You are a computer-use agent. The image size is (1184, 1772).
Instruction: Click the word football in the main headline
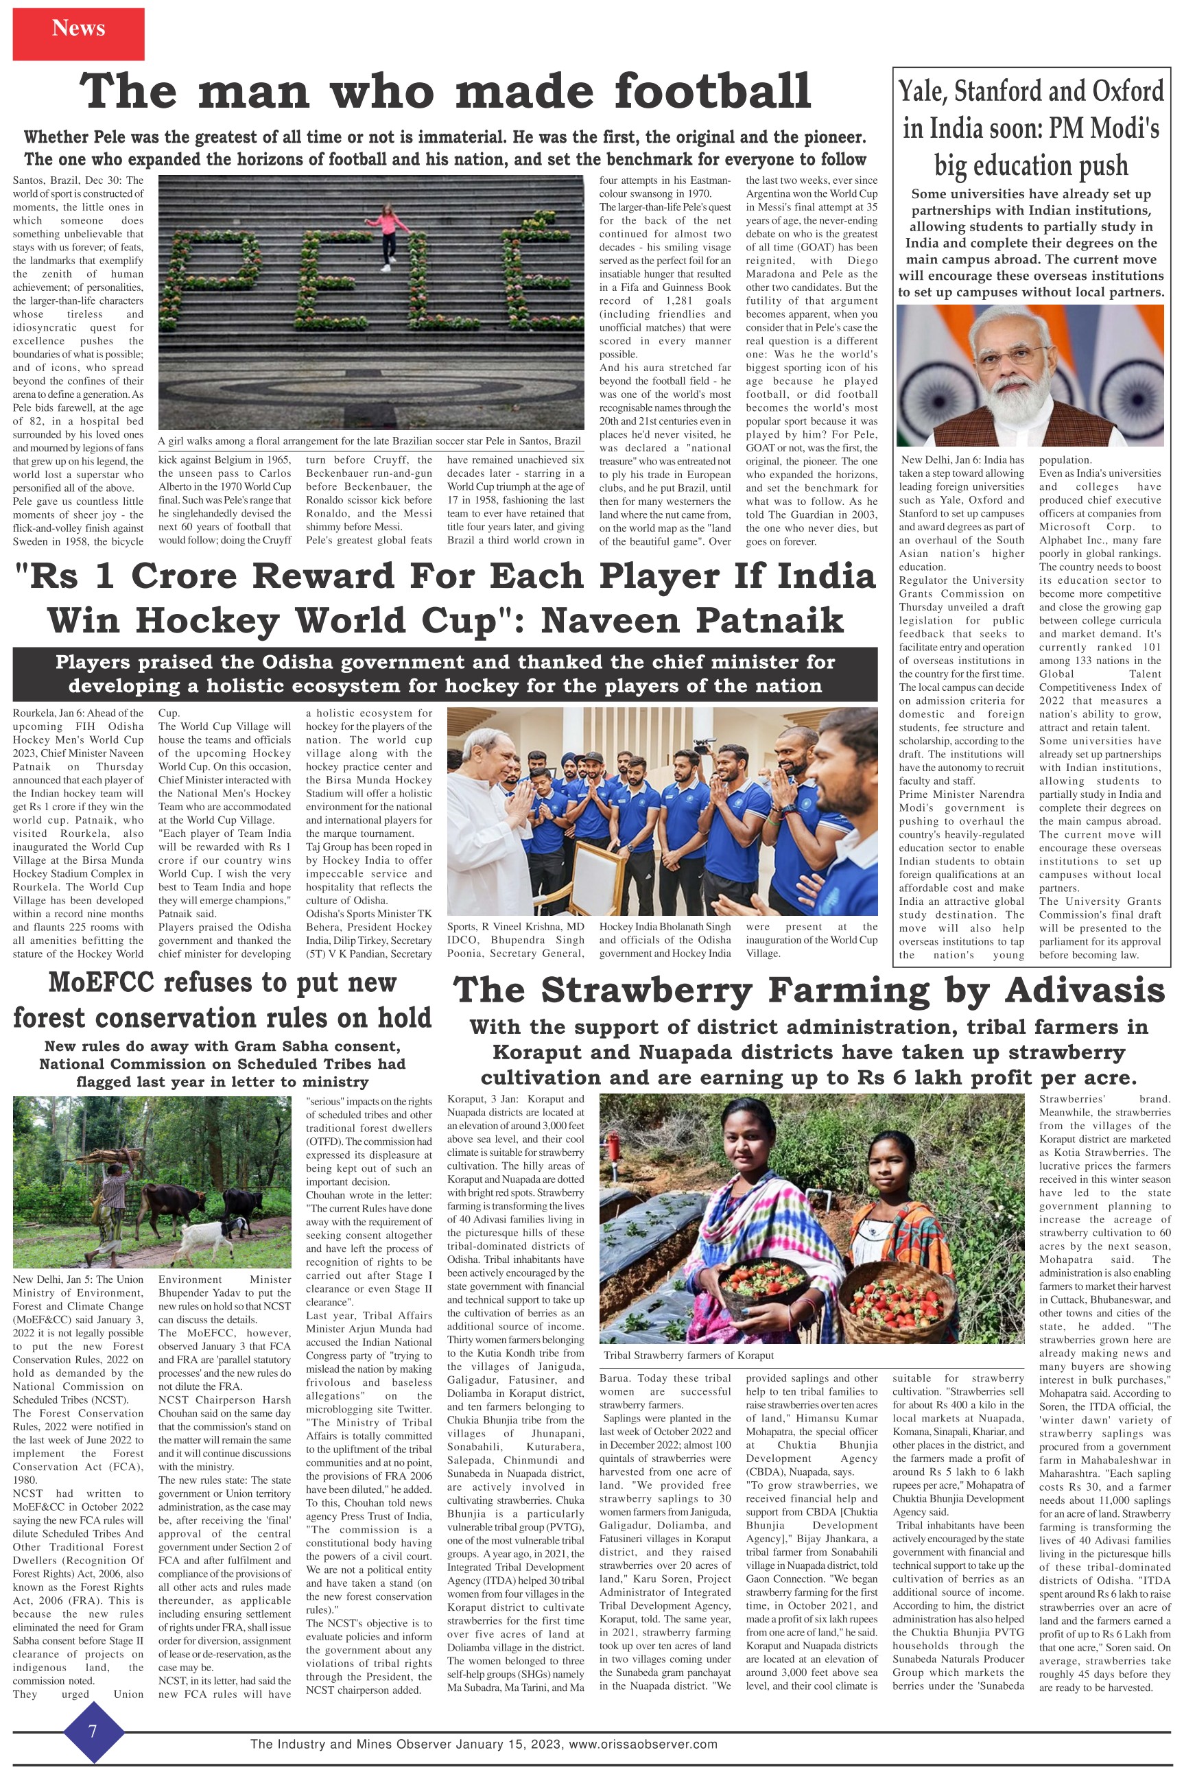713,92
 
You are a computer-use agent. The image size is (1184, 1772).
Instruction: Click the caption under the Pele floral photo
369,441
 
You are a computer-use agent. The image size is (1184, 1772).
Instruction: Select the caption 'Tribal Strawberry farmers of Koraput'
689,1355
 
